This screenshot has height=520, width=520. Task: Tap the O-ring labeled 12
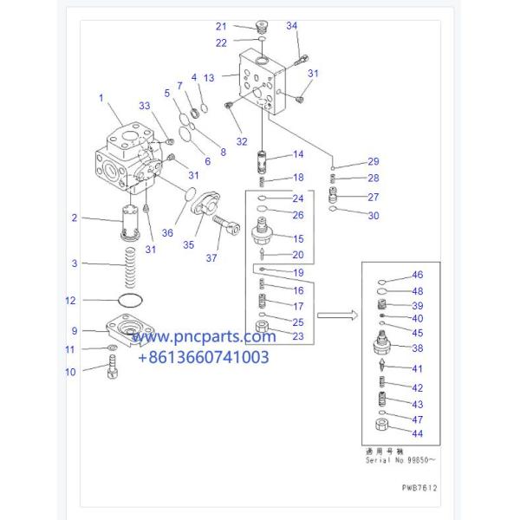(x=128, y=302)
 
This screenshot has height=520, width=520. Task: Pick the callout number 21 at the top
(x=220, y=26)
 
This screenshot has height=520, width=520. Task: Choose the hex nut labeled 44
(x=380, y=425)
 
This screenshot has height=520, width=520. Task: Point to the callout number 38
(x=417, y=348)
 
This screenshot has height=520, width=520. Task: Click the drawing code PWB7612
(x=419, y=488)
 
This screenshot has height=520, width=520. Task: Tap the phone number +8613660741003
(x=205, y=356)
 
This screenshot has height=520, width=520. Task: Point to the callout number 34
(x=291, y=26)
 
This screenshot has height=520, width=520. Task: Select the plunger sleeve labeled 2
(x=132, y=224)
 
